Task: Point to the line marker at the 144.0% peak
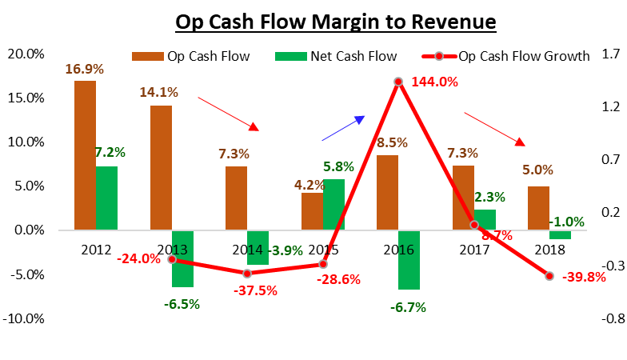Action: tap(397, 82)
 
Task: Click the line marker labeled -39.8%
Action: tap(549, 276)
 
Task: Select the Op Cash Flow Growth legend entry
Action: tap(504, 56)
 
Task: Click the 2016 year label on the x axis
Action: tap(397, 250)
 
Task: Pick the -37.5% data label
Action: tap(256, 291)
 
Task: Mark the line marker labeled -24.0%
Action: tap(171, 259)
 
